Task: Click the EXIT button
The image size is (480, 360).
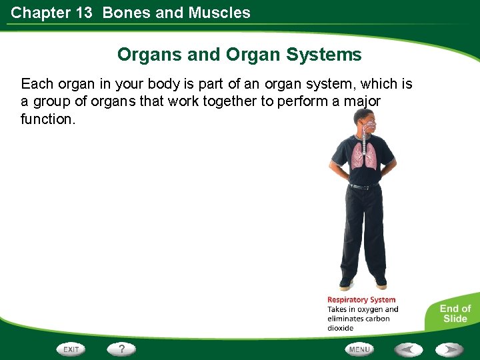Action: pyautogui.click(x=71, y=349)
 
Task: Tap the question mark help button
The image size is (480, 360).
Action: pyautogui.click(x=122, y=349)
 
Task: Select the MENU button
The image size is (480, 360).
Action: pyautogui.click(x=359, y=349)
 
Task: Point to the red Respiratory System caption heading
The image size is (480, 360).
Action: pyautogui.click(x=361, y=300)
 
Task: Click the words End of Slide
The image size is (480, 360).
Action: pyautogui.click(x=455, y=313)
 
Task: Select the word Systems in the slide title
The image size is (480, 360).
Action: pyautogui.click(x=327, y=55)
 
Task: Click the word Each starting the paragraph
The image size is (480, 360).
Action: pyautogui.click(x=36, y=84)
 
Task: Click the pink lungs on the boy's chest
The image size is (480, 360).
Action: pyautogui.click(x=363, y=155)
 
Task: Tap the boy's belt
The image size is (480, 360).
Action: pyautogui.click(x=362, y=187)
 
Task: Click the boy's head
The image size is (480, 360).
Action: pyautogui.click(x=365, y=121)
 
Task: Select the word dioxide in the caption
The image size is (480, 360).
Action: pyautogui.click(x=341, y=328)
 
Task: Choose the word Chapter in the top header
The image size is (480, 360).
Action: pyautogui.click(x=40, y=13)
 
